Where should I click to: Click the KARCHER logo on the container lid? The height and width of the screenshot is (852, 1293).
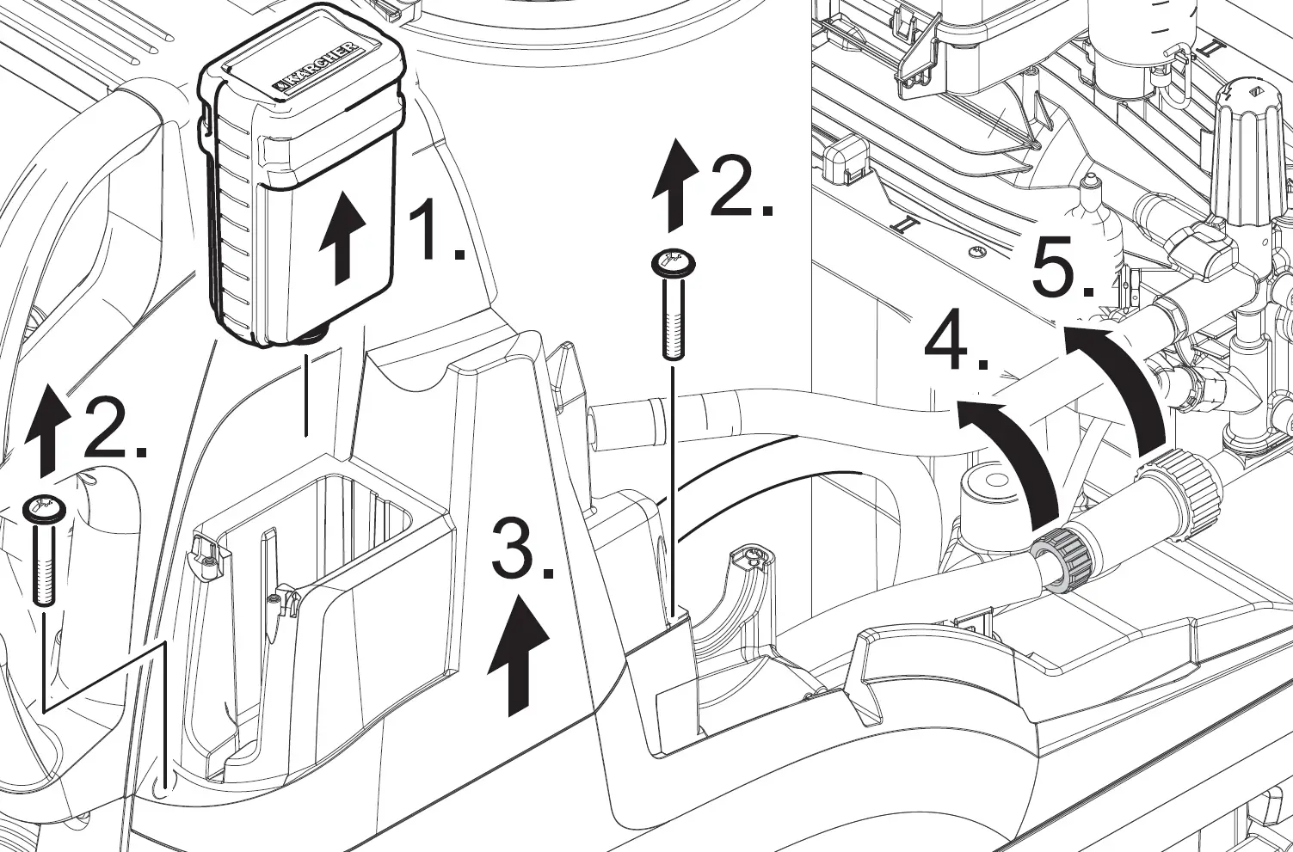(316, 70)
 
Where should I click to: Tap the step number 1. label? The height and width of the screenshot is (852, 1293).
(435, 230)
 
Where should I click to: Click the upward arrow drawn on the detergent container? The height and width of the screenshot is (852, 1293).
(342, 237)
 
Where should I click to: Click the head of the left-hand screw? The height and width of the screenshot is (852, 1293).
(41, 508)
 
